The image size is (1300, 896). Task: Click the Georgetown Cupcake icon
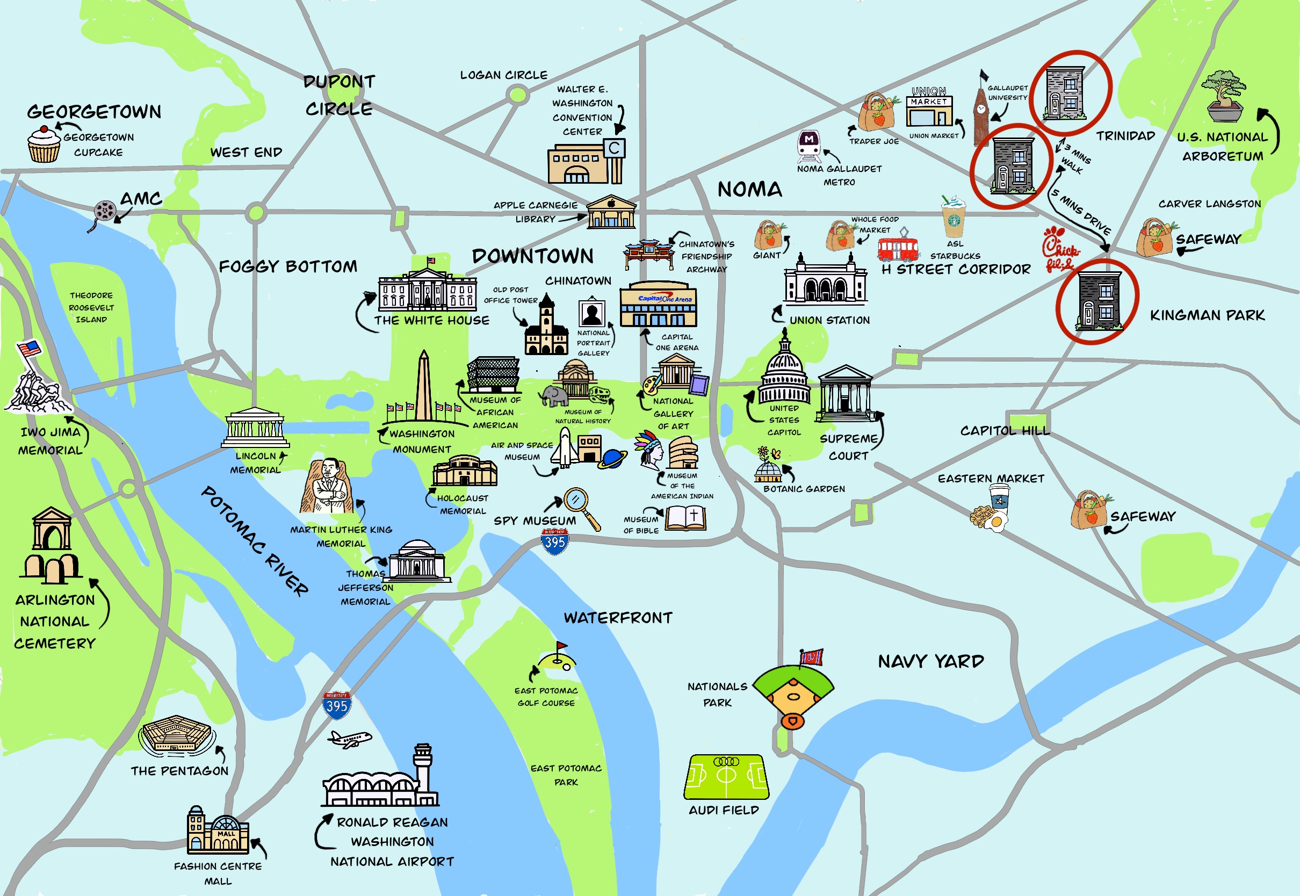44,144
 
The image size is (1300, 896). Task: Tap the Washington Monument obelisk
424,387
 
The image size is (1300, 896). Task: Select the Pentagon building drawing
176,734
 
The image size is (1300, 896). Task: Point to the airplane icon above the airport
349,739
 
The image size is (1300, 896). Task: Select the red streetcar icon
898,248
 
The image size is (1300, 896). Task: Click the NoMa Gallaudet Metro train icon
809,145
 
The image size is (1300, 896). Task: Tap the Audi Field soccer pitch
726,777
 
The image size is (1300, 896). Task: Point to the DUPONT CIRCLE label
339,96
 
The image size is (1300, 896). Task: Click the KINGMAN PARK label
1208,315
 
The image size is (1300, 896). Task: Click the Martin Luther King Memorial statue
328,486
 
